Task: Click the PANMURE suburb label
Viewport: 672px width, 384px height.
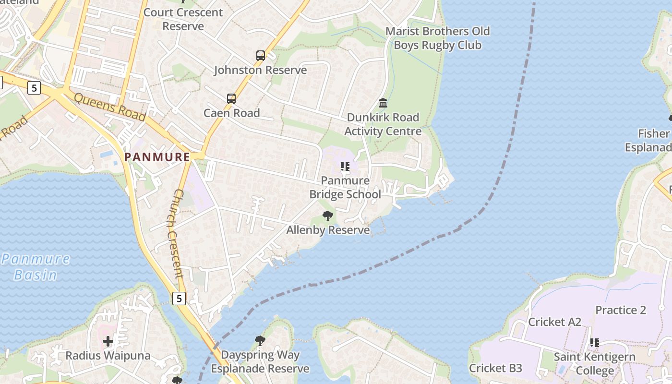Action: click(x=157, y=157)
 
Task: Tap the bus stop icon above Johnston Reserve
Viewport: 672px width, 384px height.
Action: click(x=260, y=56)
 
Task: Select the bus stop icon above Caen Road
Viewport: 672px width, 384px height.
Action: click(x=231, y=99)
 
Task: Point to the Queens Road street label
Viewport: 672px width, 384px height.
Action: click(x=110, y=107)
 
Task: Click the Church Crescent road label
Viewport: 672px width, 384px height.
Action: click(x=175, y=233)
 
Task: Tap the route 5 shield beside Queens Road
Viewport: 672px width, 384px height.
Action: click(x=34, y=88)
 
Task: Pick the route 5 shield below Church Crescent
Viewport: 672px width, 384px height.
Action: click(x=179, y=299)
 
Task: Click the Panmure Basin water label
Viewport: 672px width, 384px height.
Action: click(x=36, y=267)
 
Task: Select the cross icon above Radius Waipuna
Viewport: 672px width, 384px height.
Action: click(x=108, y=341)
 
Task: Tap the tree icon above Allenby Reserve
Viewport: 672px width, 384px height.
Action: click(x=328, y=216)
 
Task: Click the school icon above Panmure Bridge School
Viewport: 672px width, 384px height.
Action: click(x=345, y=167)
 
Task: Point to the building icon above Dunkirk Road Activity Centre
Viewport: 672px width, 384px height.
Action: click(x=383, y=103)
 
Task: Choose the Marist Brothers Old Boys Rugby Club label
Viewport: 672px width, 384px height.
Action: click(x=437, y=38)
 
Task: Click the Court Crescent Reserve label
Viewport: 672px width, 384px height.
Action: click(x=183, y=19)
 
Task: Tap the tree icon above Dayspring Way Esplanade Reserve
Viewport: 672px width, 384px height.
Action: click(x=260, y=341)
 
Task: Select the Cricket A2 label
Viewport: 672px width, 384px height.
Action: click(x=554, y=322)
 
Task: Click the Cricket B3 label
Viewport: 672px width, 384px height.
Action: click(x=495, y=368)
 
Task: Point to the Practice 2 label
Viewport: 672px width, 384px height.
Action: click(x=621, y=310)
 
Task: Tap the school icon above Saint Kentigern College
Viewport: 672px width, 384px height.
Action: click(x=594, y=343)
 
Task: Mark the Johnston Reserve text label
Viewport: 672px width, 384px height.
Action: click(x=260, y=70)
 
